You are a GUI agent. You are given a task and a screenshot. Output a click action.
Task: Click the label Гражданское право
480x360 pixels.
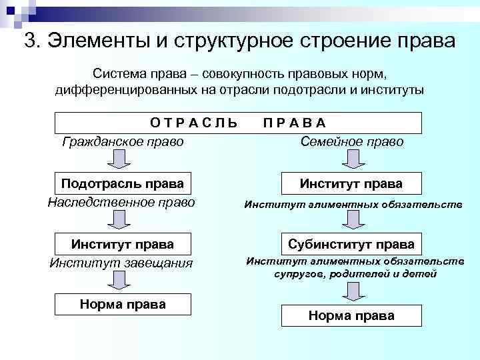pyautogui.click(x=123, y=141)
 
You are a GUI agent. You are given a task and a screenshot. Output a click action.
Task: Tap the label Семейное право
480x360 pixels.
pyautogui.click(x=352, y=141)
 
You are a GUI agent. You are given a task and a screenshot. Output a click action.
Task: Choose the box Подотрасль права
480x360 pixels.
pyautogui.click(x=123, y=183)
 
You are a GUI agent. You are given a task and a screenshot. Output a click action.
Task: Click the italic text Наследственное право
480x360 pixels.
pyautogui.click(x=121, y=201)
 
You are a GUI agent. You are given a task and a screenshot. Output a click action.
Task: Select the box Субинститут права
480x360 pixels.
pyautogui.click(x=351, y=244)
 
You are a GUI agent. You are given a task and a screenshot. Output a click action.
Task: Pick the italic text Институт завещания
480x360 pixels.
pyautogui.click(x=121, y=262)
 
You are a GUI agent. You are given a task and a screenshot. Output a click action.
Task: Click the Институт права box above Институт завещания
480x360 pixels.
pyautogui.click(x=123, y=244)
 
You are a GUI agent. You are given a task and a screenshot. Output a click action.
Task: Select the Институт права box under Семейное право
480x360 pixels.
pyautogui.click(x=351, y=183)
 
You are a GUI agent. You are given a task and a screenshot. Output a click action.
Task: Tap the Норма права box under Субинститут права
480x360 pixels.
pyautogui.click(x=351, y=315)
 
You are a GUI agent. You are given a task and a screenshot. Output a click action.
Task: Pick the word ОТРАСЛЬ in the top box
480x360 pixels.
pyautogui.click(x=194, y=123)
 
